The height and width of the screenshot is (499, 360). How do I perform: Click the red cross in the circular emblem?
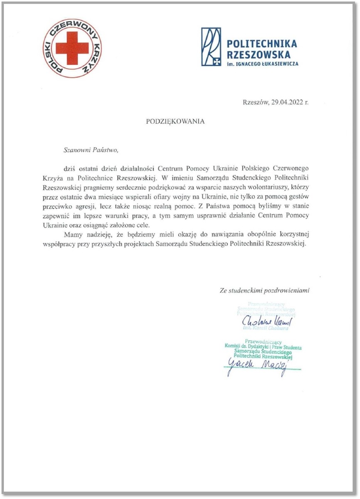tap(72, 48)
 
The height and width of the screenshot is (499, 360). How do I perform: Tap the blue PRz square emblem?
tap(211, 47)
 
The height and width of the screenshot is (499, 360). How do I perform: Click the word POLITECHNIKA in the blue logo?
tap(262, 44)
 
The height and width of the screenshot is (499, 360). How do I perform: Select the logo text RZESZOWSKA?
tap(256, 54)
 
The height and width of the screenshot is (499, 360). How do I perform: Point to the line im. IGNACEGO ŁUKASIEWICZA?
tap(262, 64)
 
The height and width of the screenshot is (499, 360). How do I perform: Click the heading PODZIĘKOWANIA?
tap(175, 121)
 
